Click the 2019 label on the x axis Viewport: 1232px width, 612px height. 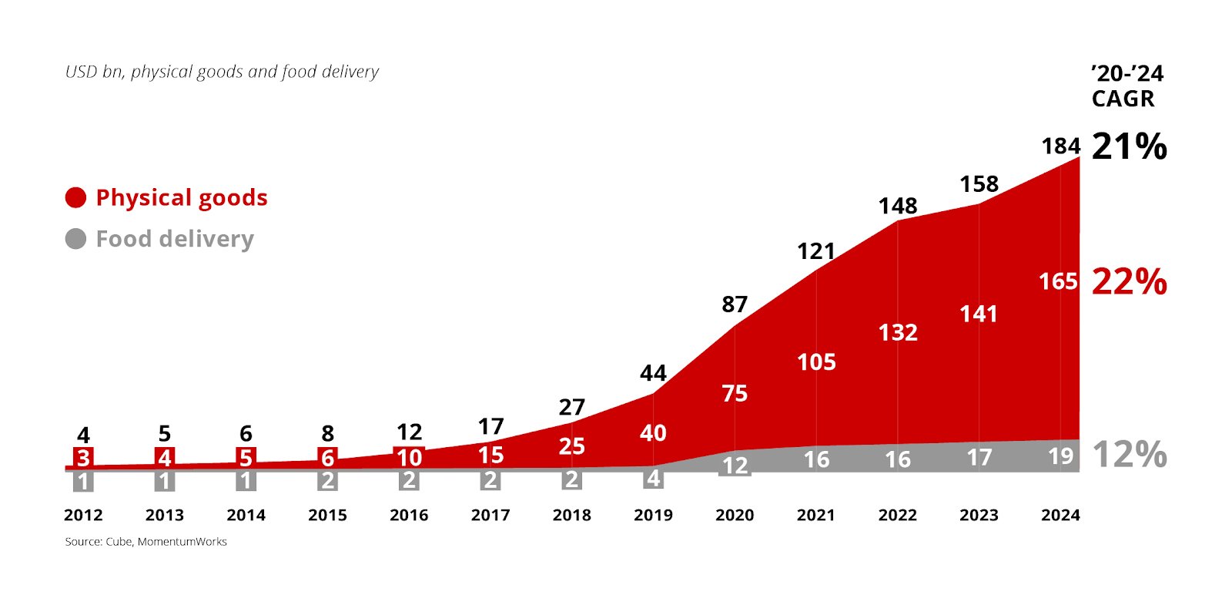point(653,515)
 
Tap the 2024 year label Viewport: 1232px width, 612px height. point(1060,515)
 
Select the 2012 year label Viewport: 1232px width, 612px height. point(83,515)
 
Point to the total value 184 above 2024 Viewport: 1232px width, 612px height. point(1061,146)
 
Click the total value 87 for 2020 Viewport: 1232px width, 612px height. point(735,304)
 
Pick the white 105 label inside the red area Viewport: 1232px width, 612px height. point(816,362)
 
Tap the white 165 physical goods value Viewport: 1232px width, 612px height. point(1058,281)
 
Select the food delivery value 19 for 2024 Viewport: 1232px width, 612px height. point(1061,456)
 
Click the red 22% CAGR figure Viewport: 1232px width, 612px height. point(1129,281)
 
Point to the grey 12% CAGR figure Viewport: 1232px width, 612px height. point(1129,455)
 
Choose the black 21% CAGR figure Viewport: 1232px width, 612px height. point(1129,146)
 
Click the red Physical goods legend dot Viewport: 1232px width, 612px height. point(75,198)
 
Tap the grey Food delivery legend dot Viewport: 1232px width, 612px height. point(75,239)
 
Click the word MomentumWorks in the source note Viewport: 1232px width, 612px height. point(182,542)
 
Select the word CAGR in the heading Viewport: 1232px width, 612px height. point(1123,99)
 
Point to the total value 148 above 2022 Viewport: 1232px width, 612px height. point(898,206)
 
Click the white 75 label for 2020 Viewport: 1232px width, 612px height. point(735,394)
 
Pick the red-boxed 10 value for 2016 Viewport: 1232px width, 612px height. point(409,458)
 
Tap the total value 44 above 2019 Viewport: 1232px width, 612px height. point(653,373)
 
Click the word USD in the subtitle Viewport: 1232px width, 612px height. point(81,72)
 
